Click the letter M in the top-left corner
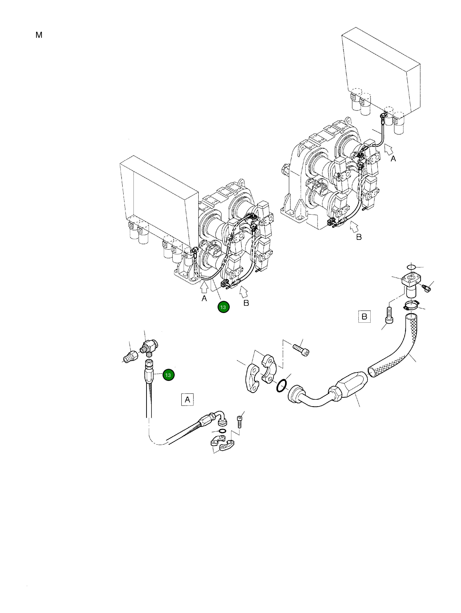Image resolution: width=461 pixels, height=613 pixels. pos(39,35)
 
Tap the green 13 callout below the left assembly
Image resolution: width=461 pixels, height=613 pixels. pos(223,307)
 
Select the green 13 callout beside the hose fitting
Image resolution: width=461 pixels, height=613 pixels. pos(168,375)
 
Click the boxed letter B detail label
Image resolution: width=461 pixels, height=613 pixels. pos(364,316)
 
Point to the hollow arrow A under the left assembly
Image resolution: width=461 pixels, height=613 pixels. pos(204,287)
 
